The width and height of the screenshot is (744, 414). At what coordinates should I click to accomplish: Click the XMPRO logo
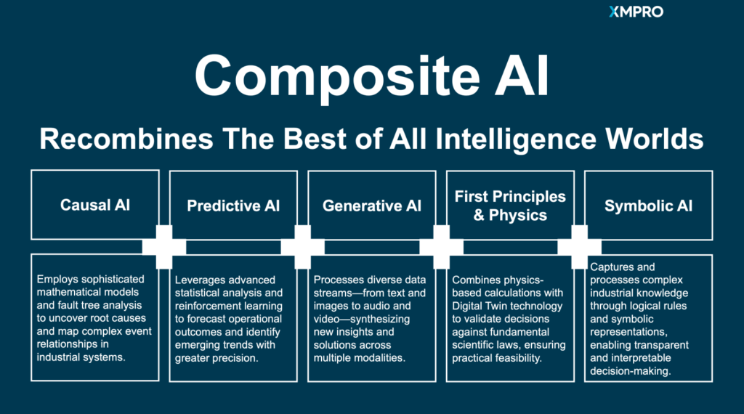pyautogui.click(x=636, y=12)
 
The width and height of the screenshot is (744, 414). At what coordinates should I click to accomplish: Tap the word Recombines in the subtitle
pyautogui.click(x=126, y=139)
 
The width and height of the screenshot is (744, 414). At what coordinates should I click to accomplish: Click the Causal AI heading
pyautogui.click(x=95, y=205)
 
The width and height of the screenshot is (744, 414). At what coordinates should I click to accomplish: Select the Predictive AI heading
pyautogui.click(x=233, y=206)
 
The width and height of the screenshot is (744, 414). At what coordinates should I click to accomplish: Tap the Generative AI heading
pyautogui.click(x=372, y=206)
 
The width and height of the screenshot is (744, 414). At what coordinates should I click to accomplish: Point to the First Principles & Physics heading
pyautogui.click(x=510, y=206)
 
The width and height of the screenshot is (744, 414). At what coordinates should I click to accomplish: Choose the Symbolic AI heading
pyautogui.click(x=649, y=206)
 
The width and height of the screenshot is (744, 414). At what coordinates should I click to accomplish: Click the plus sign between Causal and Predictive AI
pyautogui.click(x=164, y=247)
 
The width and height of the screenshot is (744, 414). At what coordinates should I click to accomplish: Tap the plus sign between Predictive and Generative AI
pyautogui.click(x=303, y=247)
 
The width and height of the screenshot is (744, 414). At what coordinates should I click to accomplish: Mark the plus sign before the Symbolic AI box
pyautogui.click(x=579, y=247)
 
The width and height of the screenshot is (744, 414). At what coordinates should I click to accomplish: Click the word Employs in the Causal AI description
pyautogui.click(x=56, y=280)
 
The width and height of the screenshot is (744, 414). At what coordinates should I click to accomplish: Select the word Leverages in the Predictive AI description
pyautogui.click(x=200, y=280)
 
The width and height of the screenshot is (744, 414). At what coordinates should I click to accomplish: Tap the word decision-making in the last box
pyautogui.click(x=631, y=371)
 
